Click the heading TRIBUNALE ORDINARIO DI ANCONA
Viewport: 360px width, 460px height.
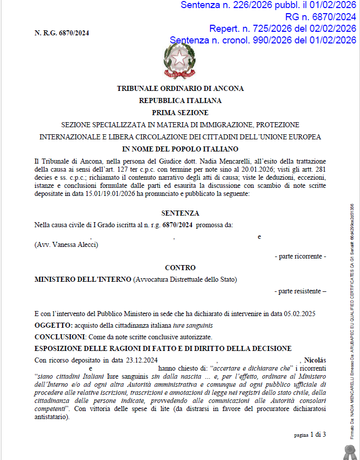[x=180, y=88]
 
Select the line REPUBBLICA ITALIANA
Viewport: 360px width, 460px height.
[x=180, y=100]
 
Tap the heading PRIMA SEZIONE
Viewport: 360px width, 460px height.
[x=180, y=113]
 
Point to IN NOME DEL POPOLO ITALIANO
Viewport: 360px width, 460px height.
[x=180, y=149]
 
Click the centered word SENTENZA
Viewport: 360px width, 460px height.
[x=180, y=214]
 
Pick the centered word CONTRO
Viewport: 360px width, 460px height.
[x=180, y=268]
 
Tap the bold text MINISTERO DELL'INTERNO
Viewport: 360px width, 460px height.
[x=82, y=279]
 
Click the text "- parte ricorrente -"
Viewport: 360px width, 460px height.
[x=300, y=257]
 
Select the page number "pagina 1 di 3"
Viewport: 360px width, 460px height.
[x=310, y=434]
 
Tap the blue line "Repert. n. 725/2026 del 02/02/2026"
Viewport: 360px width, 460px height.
[x=283, y=28]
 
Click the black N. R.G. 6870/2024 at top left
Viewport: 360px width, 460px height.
[x=62, y=33]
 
